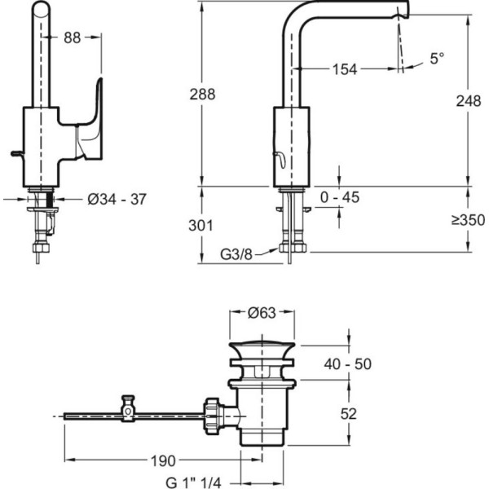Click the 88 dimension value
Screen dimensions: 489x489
point(72,37)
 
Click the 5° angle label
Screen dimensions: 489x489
point(437,58)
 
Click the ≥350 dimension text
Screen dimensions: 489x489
point(468,220)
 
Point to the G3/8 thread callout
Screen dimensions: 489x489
point(236,254)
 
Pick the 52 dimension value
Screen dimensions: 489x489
point(348,414)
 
